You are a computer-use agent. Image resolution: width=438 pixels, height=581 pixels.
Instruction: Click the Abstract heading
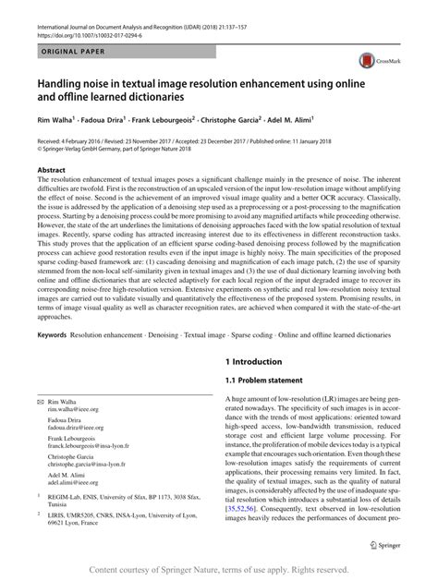click(51, 171)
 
